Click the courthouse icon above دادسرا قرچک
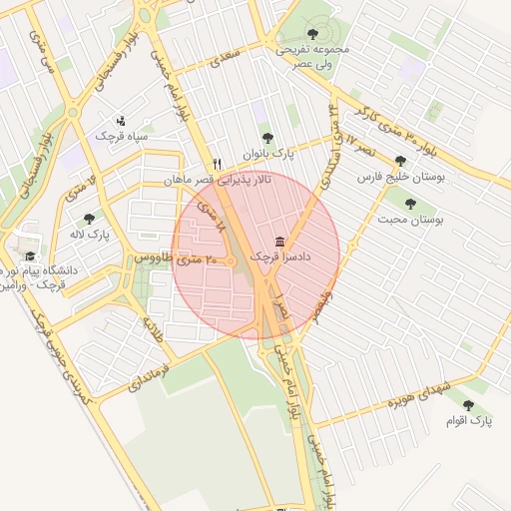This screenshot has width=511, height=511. point(277,243)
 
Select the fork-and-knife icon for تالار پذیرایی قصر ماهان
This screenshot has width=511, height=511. point(217,164)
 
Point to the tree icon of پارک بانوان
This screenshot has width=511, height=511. point(266,139)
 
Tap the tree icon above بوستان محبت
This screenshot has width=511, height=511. point(410,204)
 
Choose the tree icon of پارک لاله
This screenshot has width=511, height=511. point(89,218)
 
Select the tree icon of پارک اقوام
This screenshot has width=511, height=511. point(468,405)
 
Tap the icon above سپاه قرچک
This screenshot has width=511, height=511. point(122,119)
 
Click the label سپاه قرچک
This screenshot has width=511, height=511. point(122,135)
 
